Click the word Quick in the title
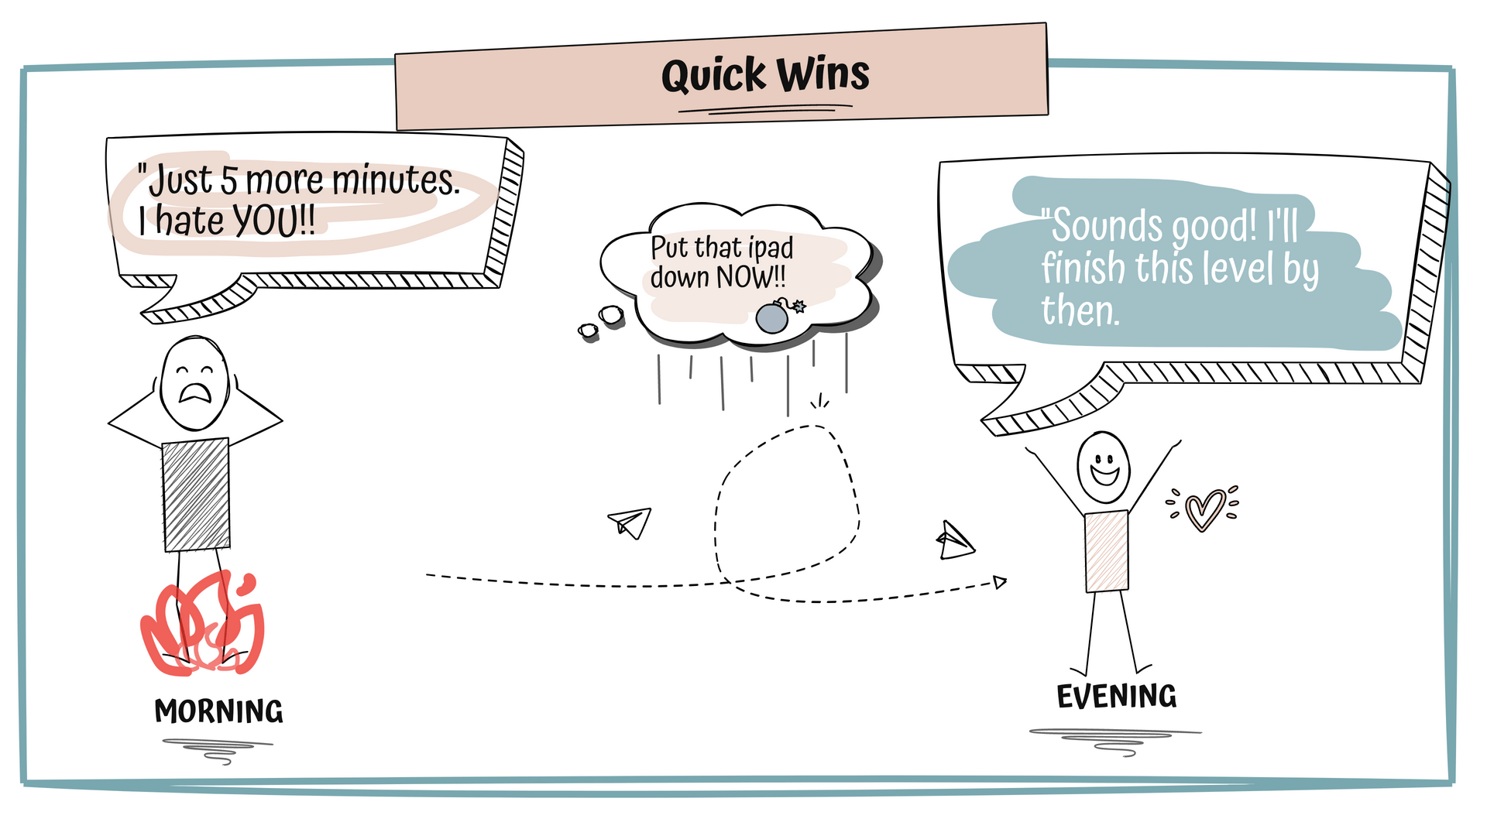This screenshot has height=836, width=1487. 713,76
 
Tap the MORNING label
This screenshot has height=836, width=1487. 218,711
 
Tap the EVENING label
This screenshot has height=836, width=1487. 1116,697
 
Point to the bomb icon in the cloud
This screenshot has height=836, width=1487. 773,317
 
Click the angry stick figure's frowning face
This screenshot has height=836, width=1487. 194,382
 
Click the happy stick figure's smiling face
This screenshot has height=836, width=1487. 1103,468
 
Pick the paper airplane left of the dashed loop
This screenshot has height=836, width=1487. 630,522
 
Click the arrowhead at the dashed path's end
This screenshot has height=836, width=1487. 1000,582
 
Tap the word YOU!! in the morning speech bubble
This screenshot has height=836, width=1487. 274,221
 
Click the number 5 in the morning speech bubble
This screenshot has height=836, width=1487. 228,180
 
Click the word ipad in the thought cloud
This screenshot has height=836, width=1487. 770,248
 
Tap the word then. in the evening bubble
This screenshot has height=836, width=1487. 1080,310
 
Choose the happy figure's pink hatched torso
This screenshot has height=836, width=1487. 1106,551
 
